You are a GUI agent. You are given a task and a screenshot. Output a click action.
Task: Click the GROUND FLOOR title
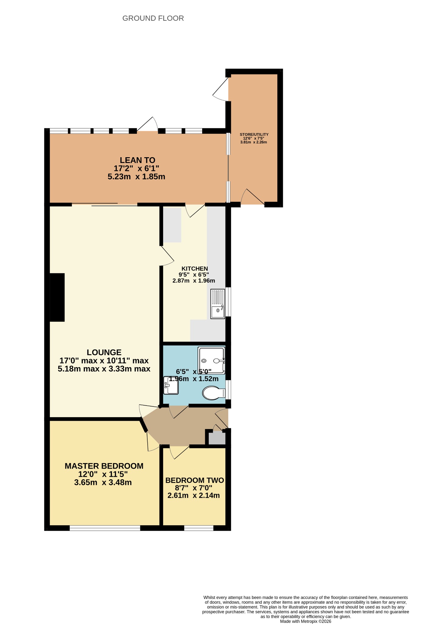(x=153, y=18)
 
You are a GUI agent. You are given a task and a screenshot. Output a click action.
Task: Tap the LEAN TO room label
(x=137, y=160)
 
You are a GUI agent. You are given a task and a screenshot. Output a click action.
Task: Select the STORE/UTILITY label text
(x=254, y=134)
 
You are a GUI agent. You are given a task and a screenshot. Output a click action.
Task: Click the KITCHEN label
(x=195, y=268)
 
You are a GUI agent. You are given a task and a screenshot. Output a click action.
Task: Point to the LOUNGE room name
(x=104, y=353)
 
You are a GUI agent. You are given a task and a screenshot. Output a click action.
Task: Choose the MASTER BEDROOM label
(x=104, y=466)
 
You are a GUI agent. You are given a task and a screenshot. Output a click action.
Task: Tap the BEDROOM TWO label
(x=195, y=480)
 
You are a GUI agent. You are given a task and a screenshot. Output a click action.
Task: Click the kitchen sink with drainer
(x=218, y=304)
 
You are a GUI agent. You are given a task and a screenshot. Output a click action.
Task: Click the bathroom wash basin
(x=171, y=385)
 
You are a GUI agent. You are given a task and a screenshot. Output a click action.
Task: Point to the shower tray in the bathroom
(x=211, y=360)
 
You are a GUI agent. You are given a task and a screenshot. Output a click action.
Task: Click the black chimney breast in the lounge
(x=57, y=297)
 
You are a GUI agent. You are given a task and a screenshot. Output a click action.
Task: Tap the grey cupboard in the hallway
(x=219, y=438)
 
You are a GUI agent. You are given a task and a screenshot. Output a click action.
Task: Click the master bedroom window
(x=105, y=528)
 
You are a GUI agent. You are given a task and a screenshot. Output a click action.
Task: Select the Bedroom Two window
(x=199, y=528)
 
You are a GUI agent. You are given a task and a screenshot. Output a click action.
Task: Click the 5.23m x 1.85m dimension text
(x=136, y=177)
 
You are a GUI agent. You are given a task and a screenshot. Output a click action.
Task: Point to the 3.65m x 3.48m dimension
(x=103, y=482)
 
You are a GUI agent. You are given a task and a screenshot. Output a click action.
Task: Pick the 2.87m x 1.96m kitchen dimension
(x=194, y=281)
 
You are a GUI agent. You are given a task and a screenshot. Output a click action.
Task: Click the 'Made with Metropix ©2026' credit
(x=306, y=621)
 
